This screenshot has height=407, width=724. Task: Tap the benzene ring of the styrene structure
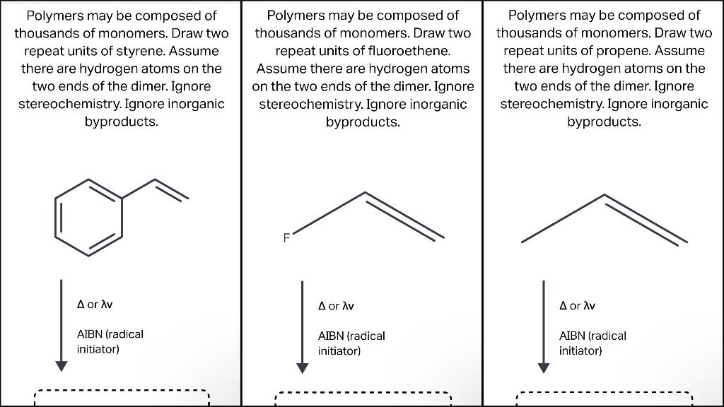90,217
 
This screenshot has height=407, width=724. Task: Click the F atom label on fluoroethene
286,238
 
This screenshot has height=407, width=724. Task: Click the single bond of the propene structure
563,218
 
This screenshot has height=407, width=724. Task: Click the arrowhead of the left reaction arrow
62,365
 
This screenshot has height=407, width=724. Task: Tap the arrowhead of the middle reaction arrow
303,367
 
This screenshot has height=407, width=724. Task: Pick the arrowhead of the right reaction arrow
544,367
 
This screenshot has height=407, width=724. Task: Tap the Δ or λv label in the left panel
95,304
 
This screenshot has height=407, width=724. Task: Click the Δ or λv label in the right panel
577,306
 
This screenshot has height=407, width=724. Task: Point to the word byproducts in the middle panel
362,122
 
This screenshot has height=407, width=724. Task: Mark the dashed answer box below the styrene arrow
122,397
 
